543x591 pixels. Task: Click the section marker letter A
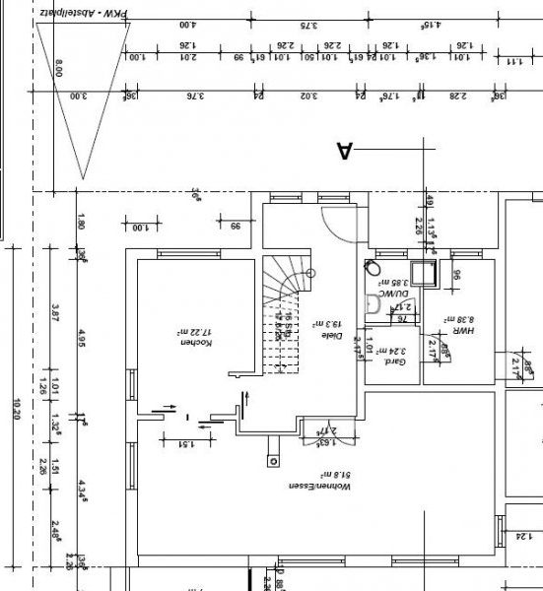(x=345, y=150)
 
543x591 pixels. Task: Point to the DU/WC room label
(x=396, y=293)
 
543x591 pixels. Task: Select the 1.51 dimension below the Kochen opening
(x=182, y=444)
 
